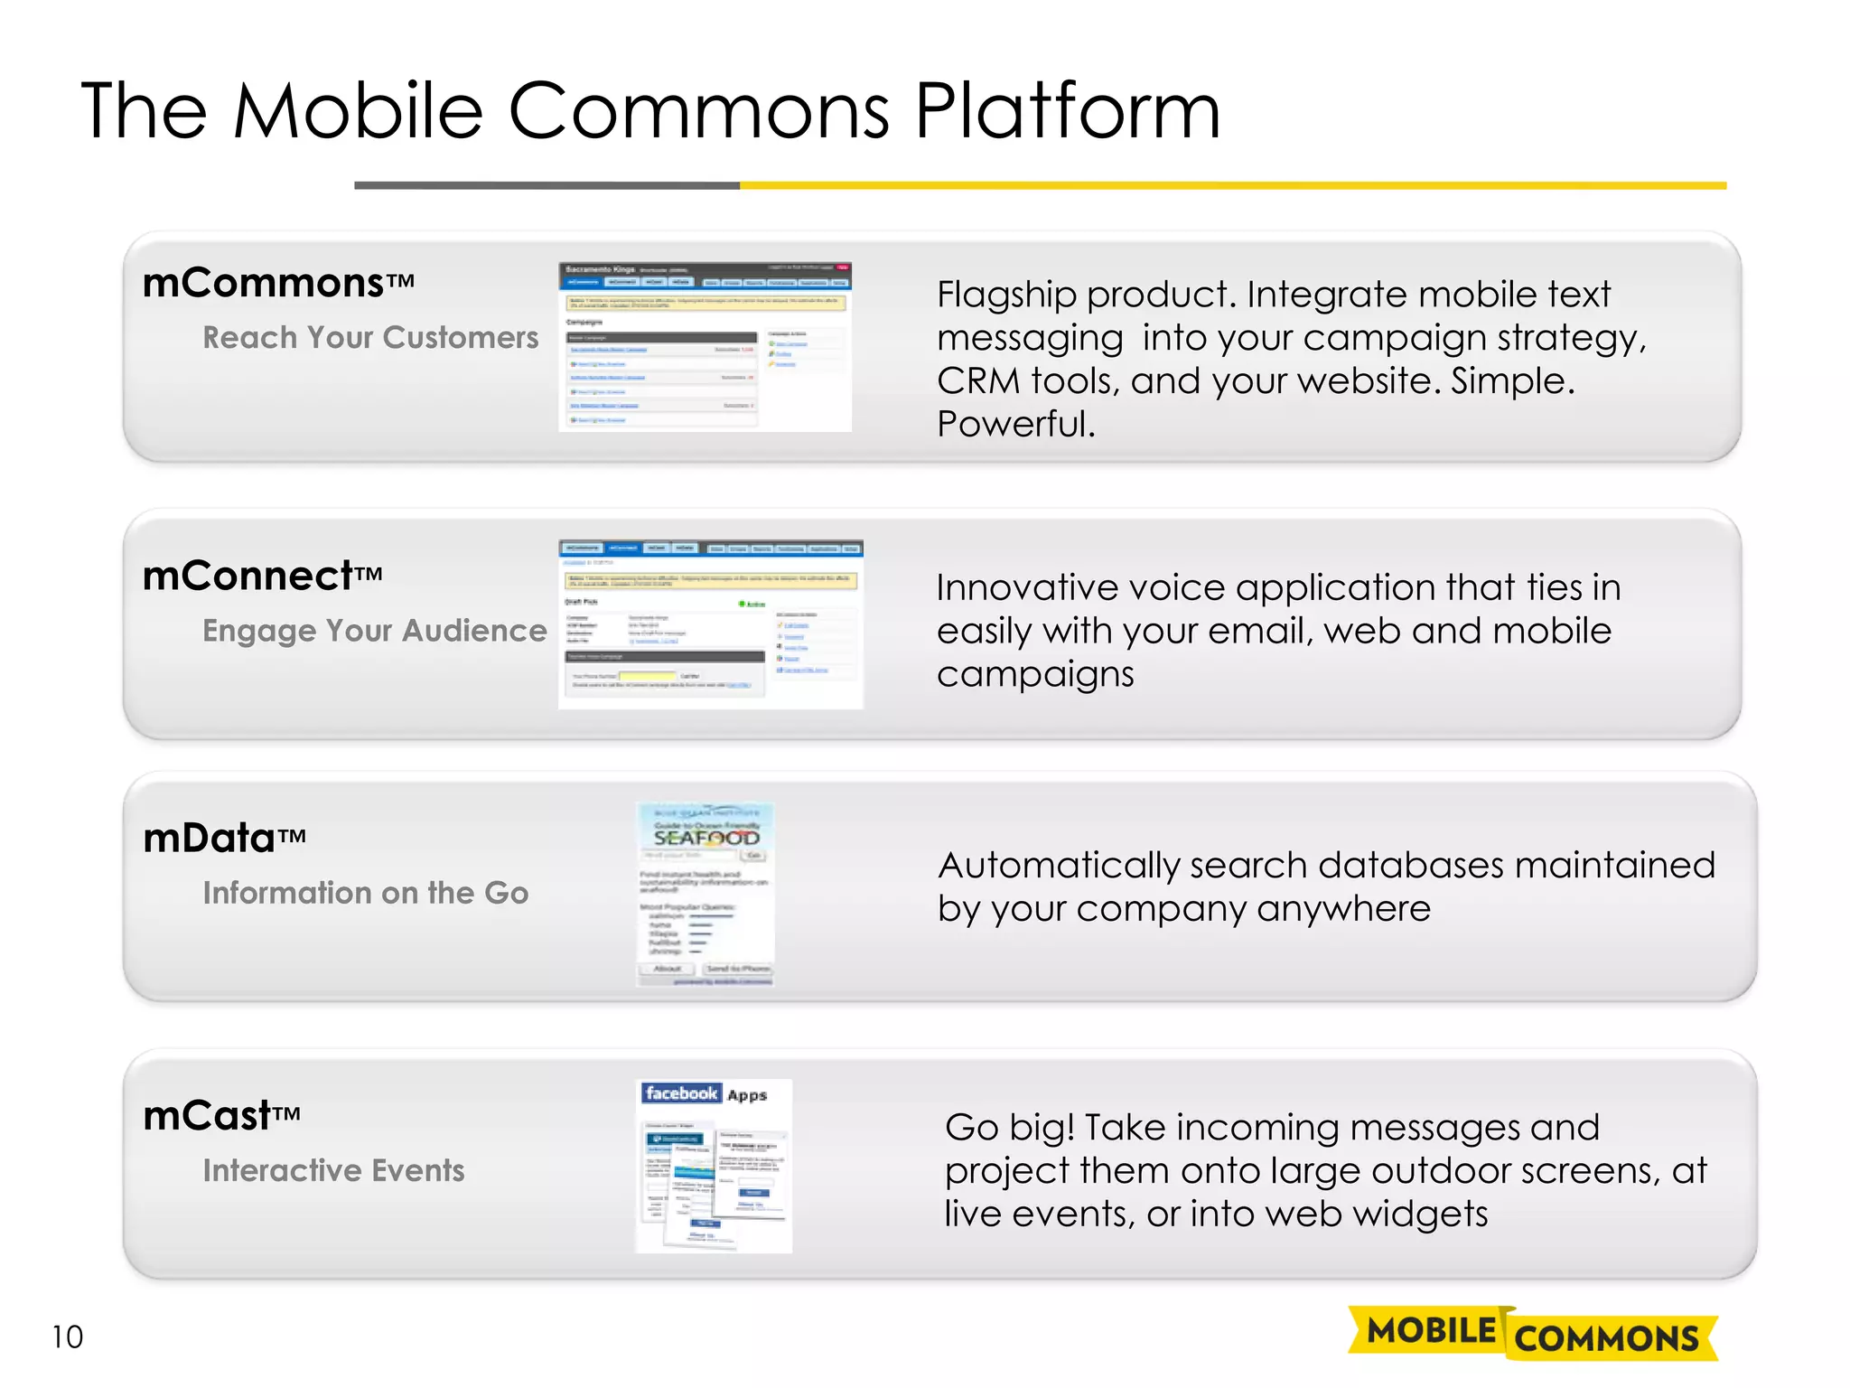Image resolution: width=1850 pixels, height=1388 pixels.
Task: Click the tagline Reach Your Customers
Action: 370,337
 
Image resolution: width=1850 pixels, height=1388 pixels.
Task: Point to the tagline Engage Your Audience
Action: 374,630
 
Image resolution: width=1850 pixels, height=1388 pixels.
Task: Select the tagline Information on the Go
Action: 365,893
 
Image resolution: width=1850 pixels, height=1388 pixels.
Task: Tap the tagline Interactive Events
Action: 333,1170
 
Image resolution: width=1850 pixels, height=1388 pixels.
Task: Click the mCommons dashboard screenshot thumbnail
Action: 705,347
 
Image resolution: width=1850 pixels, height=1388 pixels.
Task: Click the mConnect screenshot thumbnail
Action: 710,624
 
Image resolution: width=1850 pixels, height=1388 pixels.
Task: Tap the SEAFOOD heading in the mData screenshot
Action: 706,838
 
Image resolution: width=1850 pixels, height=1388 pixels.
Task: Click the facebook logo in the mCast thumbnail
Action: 681,1093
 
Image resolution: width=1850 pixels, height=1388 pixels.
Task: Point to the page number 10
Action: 67,1336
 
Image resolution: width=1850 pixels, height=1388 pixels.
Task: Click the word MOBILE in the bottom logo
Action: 1431,1330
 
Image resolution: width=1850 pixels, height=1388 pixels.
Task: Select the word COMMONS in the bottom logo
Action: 1606,1338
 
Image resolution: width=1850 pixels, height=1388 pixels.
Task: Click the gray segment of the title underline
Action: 547,185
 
